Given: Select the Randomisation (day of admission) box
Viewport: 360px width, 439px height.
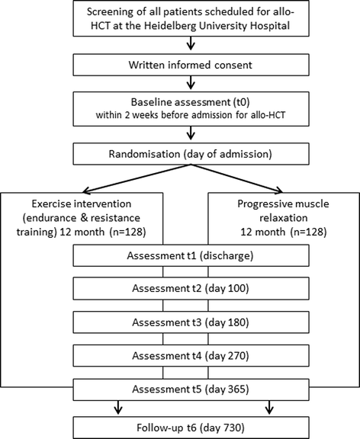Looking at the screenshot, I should coord(180,154).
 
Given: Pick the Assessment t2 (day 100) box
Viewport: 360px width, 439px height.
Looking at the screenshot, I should coord(180,289).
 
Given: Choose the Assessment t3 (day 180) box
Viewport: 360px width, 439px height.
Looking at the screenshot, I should coord(180,322).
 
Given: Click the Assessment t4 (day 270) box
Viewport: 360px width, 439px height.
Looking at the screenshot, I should coord(180,355).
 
